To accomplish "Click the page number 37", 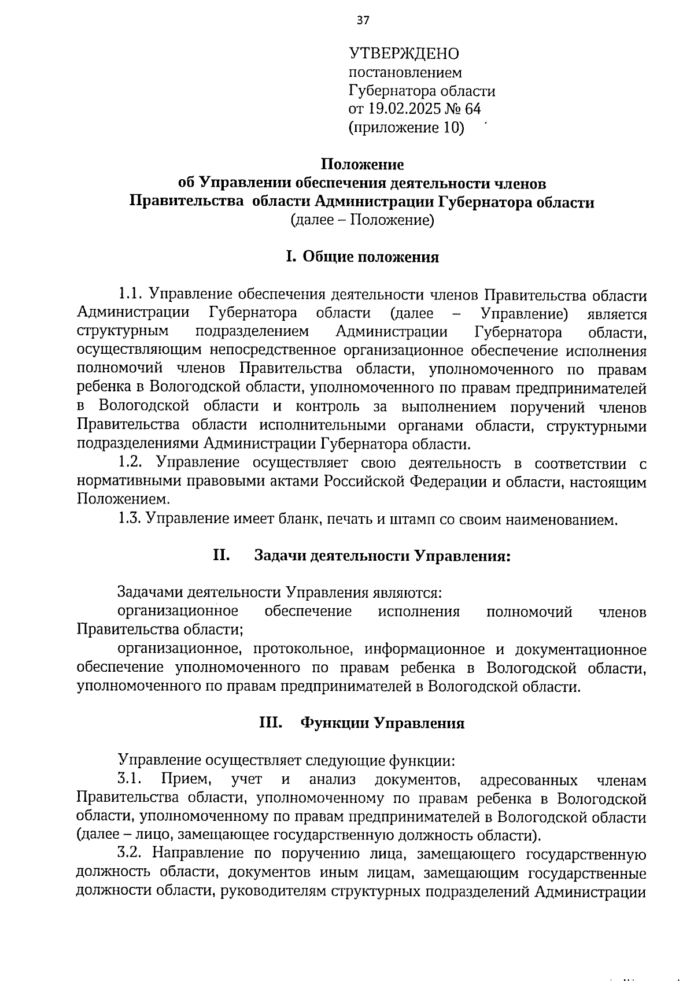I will click(x=363, y=21).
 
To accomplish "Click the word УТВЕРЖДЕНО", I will click(x=404, y=54).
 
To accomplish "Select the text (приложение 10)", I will click(x=406, y=128).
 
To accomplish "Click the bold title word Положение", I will click(x=363, y=165).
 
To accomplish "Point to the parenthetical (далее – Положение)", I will click(x=362, y=220).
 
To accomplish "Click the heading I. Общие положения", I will click(x=363, y=257).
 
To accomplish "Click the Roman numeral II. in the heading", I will click(x=222, y=556).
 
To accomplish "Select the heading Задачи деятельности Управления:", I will click(x=383, y=557).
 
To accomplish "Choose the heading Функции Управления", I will click(x=383, y=724).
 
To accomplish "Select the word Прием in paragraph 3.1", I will click(x=183, y=780).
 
